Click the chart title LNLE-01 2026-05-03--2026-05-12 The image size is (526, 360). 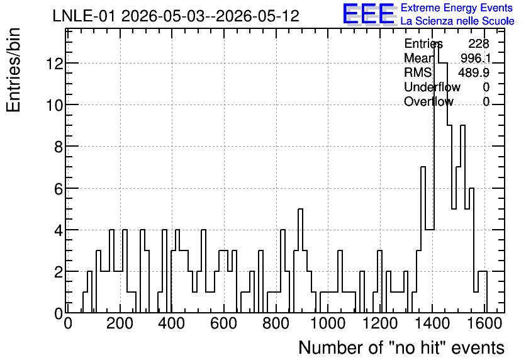coord(176,16)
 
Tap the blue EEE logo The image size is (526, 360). coord(369,14)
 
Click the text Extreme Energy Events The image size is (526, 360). coord(457,8)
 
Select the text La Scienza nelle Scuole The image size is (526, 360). coord(457,21)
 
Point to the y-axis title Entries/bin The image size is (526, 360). coord(14,70)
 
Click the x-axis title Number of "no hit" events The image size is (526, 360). coord(401,347)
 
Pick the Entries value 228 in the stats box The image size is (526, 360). coord(479,43)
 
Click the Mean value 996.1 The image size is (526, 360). coord(475,58)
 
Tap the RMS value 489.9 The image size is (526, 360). coord(474,72)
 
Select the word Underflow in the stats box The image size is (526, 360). coord(432,87)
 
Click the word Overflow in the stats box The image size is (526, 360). coord(428,101)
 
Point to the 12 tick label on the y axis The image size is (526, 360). coord(55,63)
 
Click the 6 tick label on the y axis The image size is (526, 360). coord(59,189)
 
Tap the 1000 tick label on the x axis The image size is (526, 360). coord(328,323)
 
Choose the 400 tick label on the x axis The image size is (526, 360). coord(171,323)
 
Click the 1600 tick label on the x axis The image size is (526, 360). coord(484,323)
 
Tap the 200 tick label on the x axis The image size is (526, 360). coord(120,323)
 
